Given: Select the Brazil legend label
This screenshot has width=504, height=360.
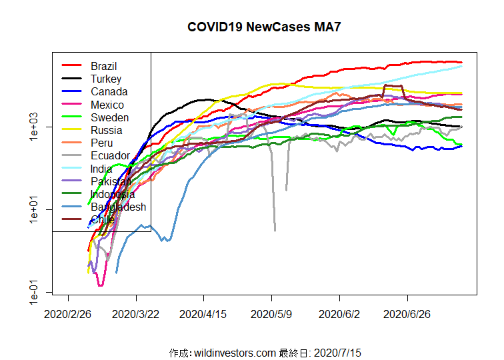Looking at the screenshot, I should [103, 66].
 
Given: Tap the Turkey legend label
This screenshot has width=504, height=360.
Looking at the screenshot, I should [105, 79].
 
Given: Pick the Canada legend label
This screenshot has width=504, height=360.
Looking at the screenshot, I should [109, 92].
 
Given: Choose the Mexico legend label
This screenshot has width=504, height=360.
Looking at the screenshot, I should [107, 105].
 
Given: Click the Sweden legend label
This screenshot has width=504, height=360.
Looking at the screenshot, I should [109, 118].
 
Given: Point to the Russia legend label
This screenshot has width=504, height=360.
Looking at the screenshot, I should [106, 131].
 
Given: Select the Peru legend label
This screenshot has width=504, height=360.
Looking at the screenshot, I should [101, 143].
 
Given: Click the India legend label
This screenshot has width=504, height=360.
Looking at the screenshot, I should [101, 169].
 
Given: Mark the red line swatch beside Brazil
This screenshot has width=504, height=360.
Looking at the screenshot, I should [71, 66].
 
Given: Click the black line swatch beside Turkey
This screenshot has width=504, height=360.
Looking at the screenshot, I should [71, 79].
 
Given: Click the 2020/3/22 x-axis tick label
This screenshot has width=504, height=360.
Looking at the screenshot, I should [137, 313].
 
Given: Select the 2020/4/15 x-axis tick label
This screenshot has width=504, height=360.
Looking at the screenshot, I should [204, 313].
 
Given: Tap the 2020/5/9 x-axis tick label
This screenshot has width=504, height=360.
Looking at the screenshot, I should [272, 313].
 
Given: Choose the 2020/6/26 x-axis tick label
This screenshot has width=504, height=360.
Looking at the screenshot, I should [407, 313].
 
